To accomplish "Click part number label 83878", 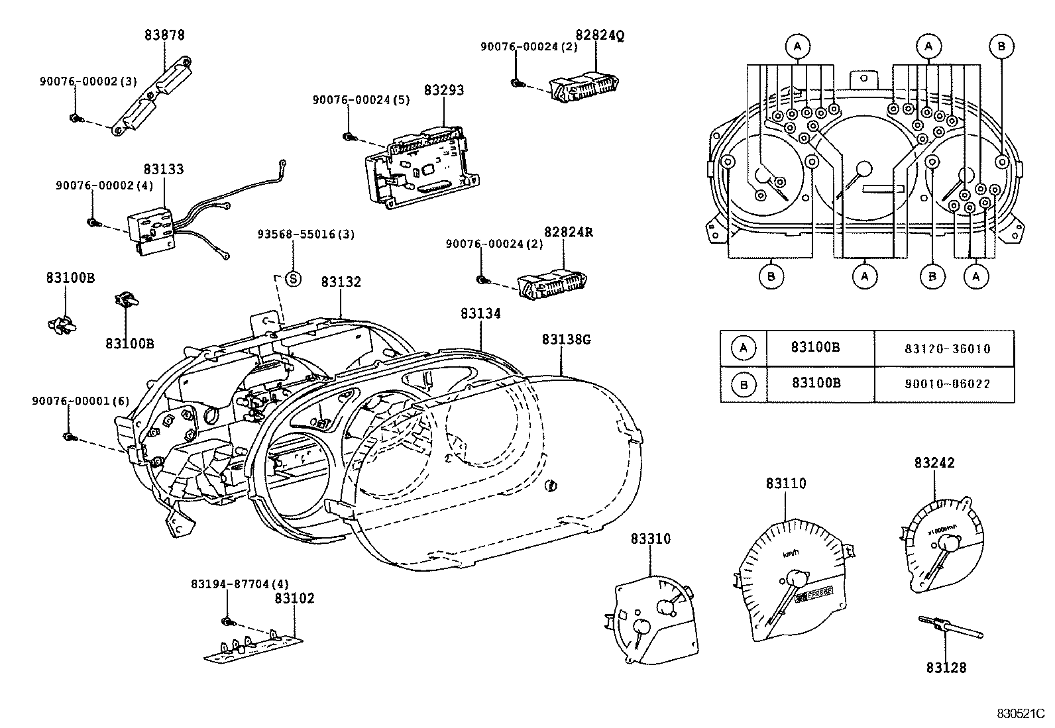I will coord(164,35).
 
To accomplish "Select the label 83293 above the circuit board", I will coord(444,90).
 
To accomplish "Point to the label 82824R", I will coord(569,233).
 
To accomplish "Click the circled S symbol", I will coord(293,279).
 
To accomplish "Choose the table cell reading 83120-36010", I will coord(944,348).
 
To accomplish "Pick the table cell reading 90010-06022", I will coord(944,384).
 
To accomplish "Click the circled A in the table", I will coord(744,348).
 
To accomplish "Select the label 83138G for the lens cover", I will coord(566,340).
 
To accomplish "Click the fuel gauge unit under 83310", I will coord(653,616).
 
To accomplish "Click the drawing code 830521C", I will coord(1021,714).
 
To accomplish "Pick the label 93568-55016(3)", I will coord(307,234).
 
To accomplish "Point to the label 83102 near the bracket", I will coord(295,598).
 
